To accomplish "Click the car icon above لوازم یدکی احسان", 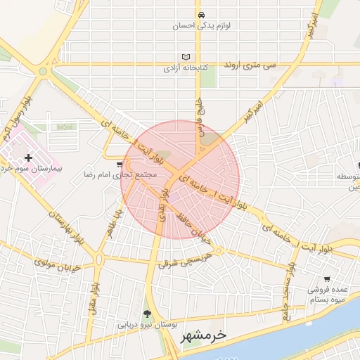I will pyautogui.click(x=202, y=15).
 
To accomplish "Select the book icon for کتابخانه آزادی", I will pyautogui.click(x=186, y=57).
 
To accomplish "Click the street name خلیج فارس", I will pyautogui.click(x=199, y=114).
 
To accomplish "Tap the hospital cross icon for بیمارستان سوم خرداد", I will pyautogui.click(x=28, y=158).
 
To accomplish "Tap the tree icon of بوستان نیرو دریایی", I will pyautogui.click(x=147, y=314).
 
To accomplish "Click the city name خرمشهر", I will pyautogui.click(x=204, y=336).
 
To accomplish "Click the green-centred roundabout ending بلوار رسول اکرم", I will pyautogui.click(x=44, y=70).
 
